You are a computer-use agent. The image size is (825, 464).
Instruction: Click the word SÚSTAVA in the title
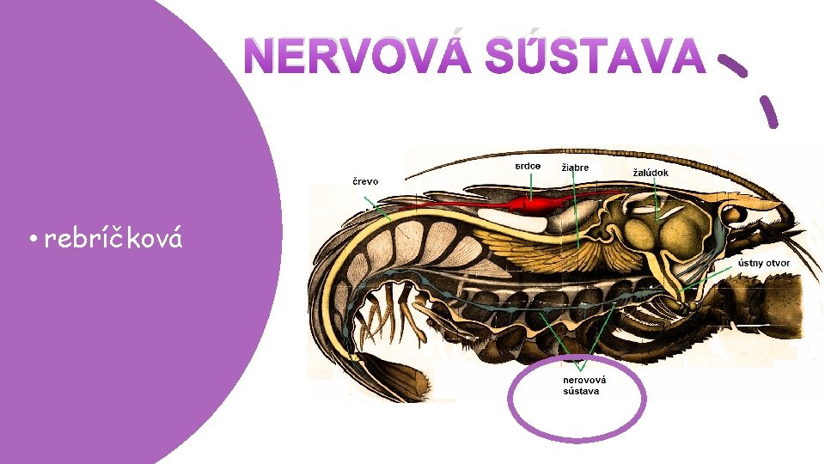(594, 58)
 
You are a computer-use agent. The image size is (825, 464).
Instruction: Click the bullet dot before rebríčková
(30, 241)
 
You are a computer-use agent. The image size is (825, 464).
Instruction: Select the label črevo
(364, 181)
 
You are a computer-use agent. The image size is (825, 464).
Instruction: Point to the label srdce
(528, 165)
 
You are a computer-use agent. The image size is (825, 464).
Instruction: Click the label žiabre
(575, 168)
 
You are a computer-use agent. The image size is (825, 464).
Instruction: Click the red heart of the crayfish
(533, 205)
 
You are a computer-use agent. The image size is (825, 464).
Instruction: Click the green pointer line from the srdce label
(530, 185)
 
